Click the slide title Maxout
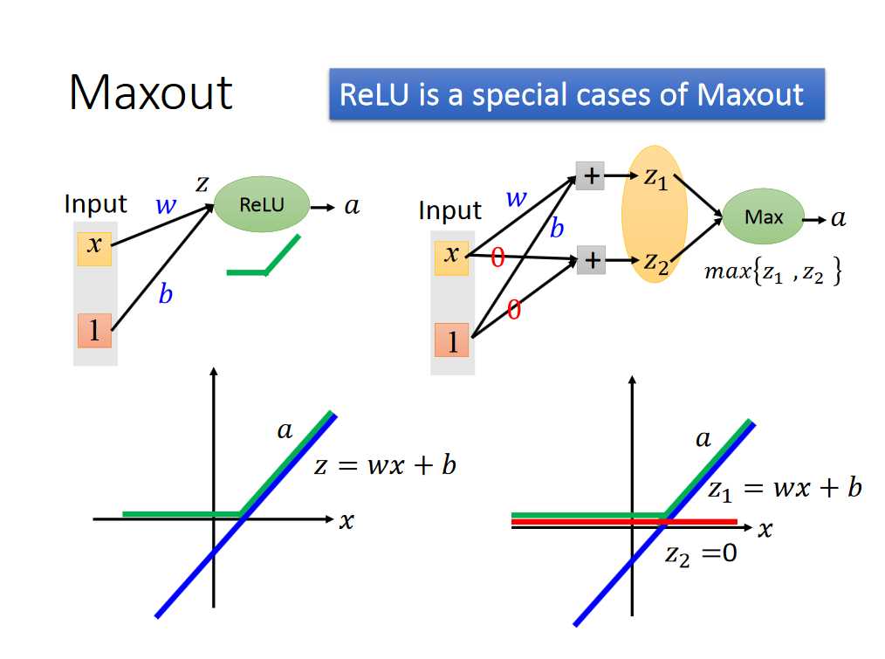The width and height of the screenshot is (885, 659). click(x=151, y=92)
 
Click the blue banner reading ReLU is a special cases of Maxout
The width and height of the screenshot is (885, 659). click(x=576, y=94)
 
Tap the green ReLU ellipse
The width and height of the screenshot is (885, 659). click(x=261, y=206)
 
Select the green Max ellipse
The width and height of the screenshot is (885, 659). click(x=763, y=217)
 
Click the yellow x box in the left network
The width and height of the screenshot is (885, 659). click(x=94, y=248)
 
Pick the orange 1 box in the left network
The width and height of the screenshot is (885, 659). click(x=94, y=331)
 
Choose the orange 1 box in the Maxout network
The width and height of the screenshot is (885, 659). click(x=451, y=341)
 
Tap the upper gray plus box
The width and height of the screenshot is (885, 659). click(x=591, y=176)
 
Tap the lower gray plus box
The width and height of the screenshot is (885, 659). click(x=591, y=260)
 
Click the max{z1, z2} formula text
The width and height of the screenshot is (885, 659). click(x=772, y=272)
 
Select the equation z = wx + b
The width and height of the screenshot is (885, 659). click(x=385, y=465)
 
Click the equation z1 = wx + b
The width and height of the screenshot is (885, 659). click(x=784, y=489)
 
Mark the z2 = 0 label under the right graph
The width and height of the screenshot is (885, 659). click(x=701, y=553)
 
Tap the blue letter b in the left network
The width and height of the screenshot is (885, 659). click(x=165, y=296)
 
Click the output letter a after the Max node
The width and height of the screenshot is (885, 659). click(x=838, y=218)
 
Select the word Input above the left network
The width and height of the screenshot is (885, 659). click(x=95, y=204)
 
